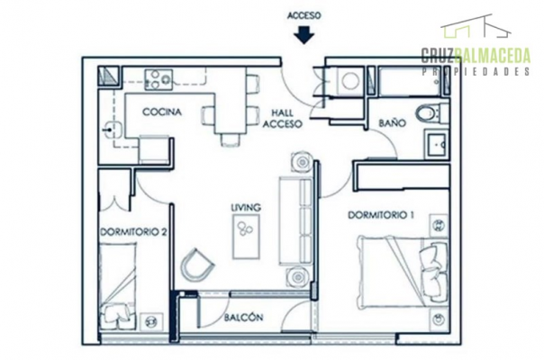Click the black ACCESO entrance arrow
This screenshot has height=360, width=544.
point(304,35)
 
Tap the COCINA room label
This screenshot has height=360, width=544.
point(162,112)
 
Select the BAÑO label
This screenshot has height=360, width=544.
point(392,122)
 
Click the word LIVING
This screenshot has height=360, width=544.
point(246,207)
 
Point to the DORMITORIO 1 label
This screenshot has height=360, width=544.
point(381,215)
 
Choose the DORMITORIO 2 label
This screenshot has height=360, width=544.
point(133,231)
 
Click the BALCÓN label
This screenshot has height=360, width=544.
point(243,318)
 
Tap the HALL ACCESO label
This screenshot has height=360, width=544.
point(282,118)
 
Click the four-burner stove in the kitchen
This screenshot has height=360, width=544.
point(159,80)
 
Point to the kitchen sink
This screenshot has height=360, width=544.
point(112,130)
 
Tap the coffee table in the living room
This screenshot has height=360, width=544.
point(246,236)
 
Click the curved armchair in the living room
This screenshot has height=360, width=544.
point(196,265)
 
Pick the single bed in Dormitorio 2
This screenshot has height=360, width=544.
point(117,286)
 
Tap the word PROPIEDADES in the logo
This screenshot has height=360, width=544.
point(476,71)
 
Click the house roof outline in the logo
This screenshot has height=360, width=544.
point(476,26)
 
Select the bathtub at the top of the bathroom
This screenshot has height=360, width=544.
point(410,82)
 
